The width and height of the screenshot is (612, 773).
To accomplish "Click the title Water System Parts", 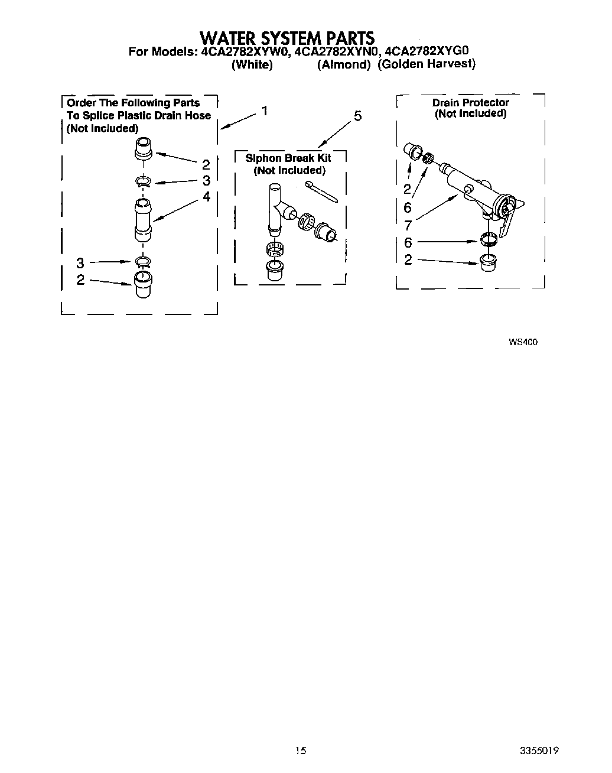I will [x=287, y=38].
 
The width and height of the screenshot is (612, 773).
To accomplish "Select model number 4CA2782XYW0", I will [x=245, y=51].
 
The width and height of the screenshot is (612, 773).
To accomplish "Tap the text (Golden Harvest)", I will [x=427, y=64].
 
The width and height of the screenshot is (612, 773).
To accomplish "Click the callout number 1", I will [x=265, y=111].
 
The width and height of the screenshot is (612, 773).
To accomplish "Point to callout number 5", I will [x=357, y=116].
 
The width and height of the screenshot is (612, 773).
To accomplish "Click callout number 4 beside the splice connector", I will [x=206, y=197].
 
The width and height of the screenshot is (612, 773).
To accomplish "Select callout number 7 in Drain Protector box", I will [x=408, y=225].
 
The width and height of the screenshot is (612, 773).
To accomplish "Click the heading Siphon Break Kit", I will [x=288, y=158].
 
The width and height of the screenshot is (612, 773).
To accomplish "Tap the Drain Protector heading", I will [x=470, y=102].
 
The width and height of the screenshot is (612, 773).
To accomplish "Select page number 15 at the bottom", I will [x=301, y=751].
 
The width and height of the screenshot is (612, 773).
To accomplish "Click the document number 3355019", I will [x=539, y=751].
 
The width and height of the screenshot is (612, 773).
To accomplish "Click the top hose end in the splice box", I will [x=144, y=148].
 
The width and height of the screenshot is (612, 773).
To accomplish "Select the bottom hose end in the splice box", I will [x=142, y=283].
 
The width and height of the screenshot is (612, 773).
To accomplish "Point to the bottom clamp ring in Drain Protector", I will [x=487, y=241].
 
